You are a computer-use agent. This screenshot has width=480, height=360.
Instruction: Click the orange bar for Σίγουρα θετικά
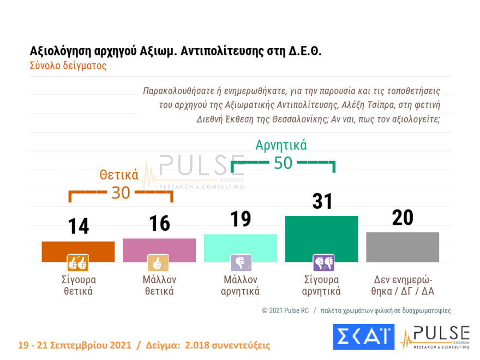(78, 251)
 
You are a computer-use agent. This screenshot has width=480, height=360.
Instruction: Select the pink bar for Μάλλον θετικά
(159, 250)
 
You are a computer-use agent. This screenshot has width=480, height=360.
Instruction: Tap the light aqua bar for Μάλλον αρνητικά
(240, 248)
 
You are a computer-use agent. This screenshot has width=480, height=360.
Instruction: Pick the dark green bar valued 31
(321, 238)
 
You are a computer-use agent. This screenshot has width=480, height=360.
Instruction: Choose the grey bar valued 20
(403, 247)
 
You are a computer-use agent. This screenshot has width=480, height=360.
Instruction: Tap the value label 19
(240, 219)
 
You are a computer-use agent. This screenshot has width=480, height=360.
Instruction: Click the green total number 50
(283, 163)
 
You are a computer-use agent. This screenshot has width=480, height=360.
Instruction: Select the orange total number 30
(121, 193)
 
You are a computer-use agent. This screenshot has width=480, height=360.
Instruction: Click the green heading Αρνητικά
(281, 145)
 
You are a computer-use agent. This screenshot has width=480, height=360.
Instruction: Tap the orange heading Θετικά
(118, 175)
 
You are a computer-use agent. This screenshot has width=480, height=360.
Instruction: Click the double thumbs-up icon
(77, 263)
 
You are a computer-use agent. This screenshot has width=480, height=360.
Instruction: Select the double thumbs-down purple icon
(323, 263)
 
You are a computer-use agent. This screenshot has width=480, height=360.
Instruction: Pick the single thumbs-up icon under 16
(158, 263)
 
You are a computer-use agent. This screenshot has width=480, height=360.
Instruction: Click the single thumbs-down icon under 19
(240, 263)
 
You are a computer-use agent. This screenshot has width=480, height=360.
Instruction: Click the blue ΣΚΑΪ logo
(363, 337)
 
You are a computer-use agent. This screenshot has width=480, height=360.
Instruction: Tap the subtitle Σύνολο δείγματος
(68, 66)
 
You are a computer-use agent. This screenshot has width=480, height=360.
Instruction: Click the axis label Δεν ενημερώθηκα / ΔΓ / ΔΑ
(403, 285)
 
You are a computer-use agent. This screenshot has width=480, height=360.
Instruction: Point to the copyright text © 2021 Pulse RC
(286, 310)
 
